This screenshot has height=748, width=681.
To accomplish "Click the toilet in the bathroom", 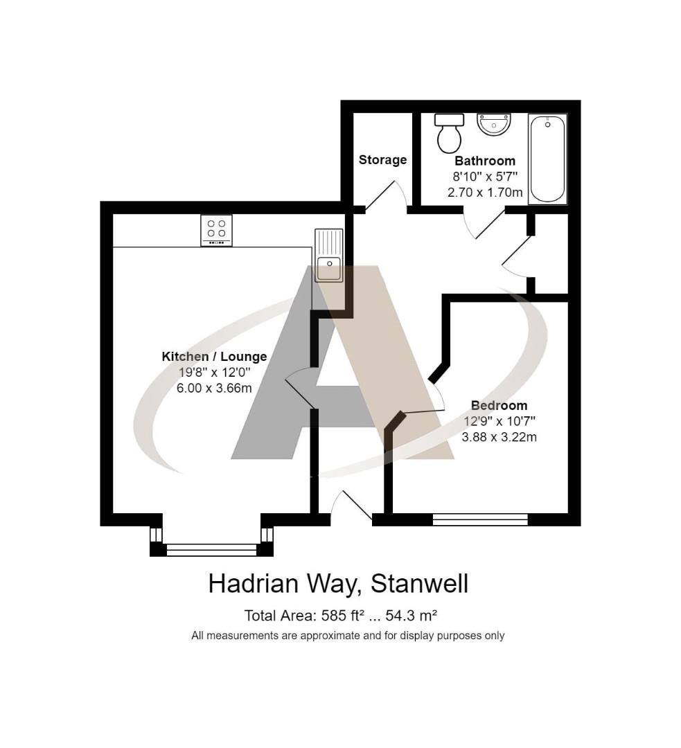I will click(x=448, y=132).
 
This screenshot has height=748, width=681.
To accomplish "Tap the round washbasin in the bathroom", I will click(x=494, y=125).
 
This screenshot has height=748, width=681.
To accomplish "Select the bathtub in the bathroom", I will click(x=547, y=159).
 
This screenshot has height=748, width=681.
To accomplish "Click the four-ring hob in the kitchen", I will click(x=217, y=230).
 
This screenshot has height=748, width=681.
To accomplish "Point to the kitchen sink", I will click(x=328, y=255).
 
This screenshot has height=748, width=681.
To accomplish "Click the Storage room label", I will click(x=382, y=160).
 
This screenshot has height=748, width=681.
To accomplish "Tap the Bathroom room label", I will click(x=485, y=161).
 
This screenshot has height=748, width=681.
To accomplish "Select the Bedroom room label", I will click(x=499, y=405).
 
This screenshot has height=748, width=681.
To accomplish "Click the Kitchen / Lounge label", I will click(x=214, y=357).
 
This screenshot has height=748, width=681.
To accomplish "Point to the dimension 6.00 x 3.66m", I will click(x=214, y=388).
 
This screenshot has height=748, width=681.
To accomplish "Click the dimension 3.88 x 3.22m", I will click(x=499, y=437).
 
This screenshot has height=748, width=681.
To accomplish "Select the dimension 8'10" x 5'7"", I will click(x=485, y=177).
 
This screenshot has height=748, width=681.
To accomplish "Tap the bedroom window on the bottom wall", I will click(x=480, y=519).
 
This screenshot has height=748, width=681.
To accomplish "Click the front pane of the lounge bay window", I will click(x=211, y=550).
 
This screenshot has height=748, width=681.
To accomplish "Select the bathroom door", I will click(x=488, y=223).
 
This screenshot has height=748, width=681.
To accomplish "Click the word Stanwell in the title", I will click(x=420, y=584).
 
